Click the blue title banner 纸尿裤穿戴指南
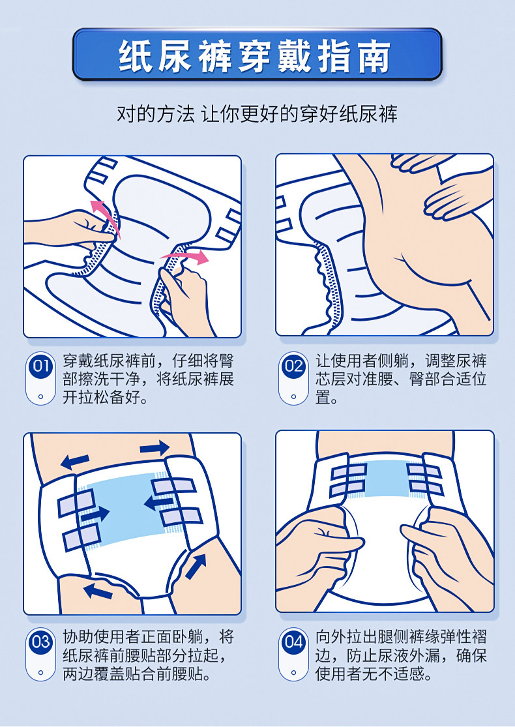[257, 54]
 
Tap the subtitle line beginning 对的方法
[257, 114]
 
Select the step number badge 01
[41, 366]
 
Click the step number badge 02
[293, 366]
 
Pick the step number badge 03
[41, 642]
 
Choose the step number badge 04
[293, 642]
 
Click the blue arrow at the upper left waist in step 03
[74, 460]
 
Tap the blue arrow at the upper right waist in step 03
[154, 448]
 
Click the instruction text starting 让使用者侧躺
[401, 379]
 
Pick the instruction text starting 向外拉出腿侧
[401, 655]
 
